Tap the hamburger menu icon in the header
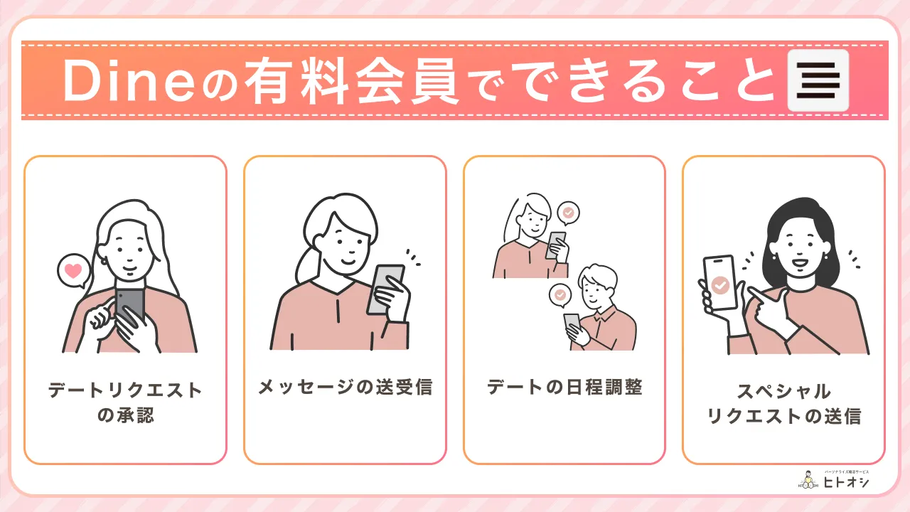coord(818,80)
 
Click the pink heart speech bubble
coord(73,271)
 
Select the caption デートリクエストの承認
coord(125,402)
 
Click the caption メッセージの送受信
coord(345,388)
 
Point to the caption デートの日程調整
coord(564,388)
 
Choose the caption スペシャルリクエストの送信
coord(783,403)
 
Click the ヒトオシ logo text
coord(846,482)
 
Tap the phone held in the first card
coord(130,306)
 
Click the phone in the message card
coord(385,289)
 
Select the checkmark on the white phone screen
coord(720,285)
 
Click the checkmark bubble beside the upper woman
coord(567,212)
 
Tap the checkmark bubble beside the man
coord(560,294)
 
